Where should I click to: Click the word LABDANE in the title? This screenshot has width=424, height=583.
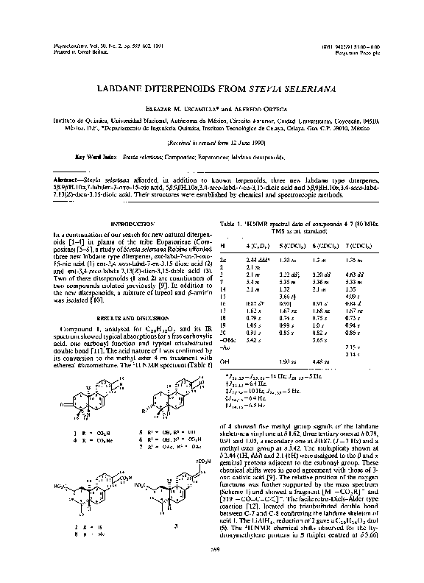pyautogui.click(x=121, y=88)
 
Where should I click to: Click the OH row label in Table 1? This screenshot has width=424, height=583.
pyautogui.click(x=225, y=361)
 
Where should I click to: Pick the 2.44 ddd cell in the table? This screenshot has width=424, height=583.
pyautogui.click(x=258, y=261)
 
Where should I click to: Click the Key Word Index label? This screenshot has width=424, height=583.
pyautogui.click(x=96, y=157)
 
